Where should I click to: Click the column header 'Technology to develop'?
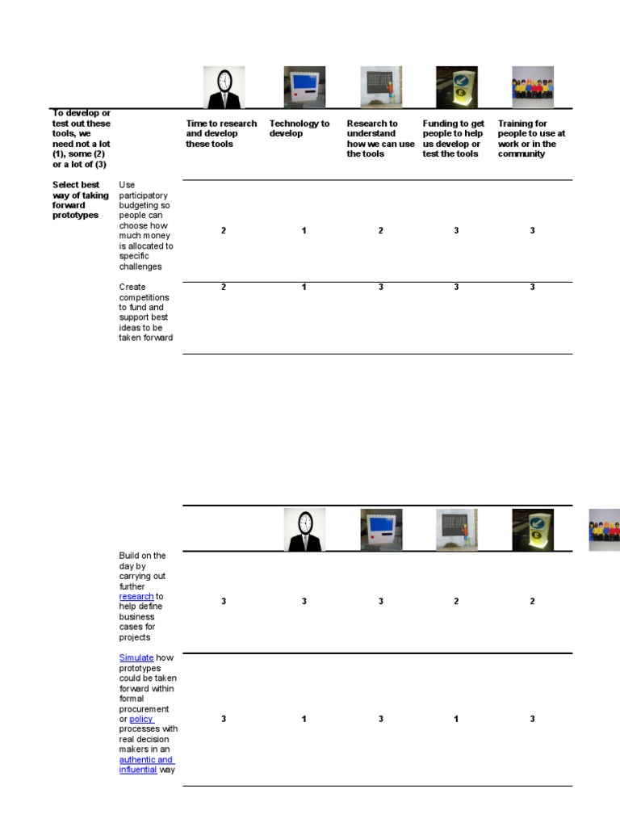pos(300,128)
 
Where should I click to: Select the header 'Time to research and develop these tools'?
pos(221,133)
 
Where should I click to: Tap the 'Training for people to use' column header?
pos(531,138)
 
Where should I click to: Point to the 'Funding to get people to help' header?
pos(454,138)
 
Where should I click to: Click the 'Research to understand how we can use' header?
pos(380,138)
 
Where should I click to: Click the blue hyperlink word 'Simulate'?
pos(136,657)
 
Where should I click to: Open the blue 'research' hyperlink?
pos(136,596)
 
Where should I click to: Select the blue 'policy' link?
pos(141,719)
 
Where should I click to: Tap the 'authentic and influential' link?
pos(146,765)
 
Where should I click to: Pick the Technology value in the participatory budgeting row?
pos(304,231)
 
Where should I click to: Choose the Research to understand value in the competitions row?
pos(381,288)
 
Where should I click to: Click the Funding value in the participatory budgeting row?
pos(456,231)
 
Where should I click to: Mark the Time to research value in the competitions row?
pos(224,288)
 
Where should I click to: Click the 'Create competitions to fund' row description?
pos(145,313)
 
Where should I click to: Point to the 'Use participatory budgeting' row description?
pos(145,225)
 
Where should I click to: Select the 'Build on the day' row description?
pos(143,596)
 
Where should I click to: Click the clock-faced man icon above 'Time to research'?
pos(224,87)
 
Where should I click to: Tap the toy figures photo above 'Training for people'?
pos(533,87)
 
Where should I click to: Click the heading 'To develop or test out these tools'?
pos(82,138)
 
